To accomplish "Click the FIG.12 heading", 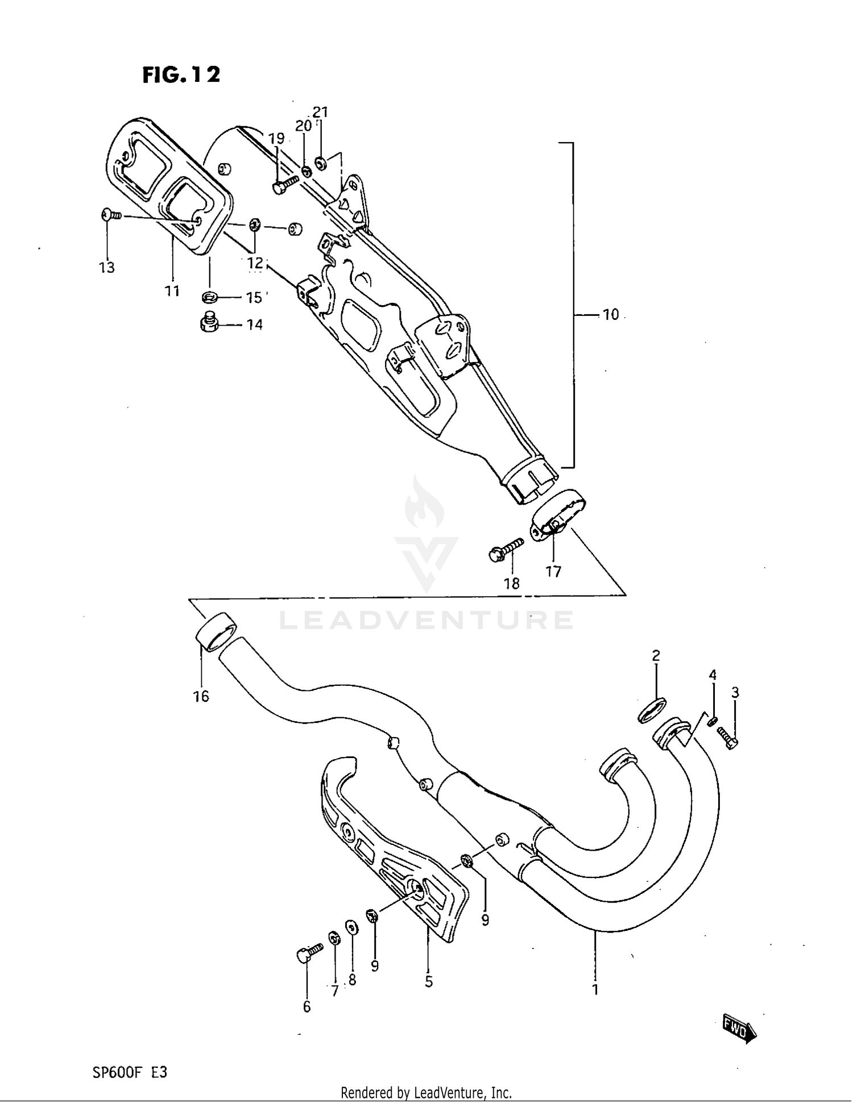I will (x=181, y=74).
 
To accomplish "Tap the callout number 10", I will (x=610, y=315).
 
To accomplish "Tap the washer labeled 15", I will (x=209, y=297).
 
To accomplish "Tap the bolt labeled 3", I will (x=727, y=737).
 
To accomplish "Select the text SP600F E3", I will (x=130, y=1072).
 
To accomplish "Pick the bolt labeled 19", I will (x=285, y=185).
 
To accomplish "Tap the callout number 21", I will (x=321, y=112).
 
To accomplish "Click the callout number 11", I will (x=172, y=291).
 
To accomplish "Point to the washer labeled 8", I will (x=352, y=928).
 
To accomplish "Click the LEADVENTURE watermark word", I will (x=426, y=621).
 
